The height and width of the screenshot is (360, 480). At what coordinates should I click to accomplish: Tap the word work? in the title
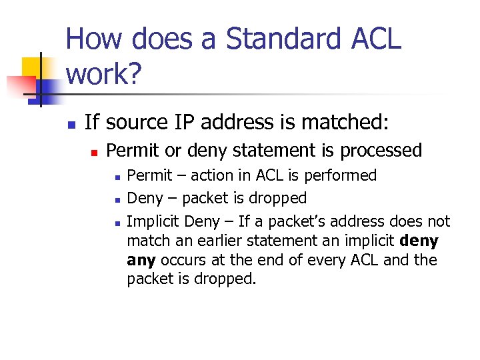(103, 75)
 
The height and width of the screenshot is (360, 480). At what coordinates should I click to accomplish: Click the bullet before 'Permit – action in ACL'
(117, 177)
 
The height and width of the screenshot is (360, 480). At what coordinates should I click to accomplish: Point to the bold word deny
(418, 241)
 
